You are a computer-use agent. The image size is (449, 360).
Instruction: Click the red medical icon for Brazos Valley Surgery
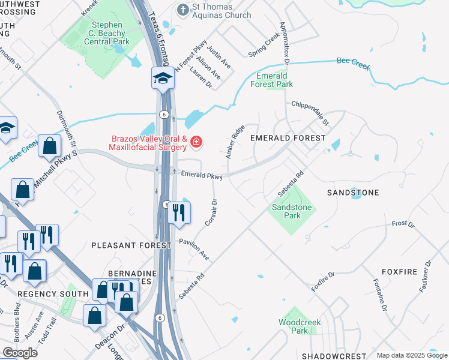click(x=196, y=142)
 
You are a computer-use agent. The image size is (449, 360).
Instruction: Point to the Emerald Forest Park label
click(x=274, y=80)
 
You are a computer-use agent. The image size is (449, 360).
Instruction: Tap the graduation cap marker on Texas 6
click(x=162, y=78)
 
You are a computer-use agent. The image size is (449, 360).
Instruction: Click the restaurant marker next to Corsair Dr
click(x=179, y=212)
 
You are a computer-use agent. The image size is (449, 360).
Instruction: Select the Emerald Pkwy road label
click(x=202, y=175)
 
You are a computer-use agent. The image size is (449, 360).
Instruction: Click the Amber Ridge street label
click(x=235, y=142)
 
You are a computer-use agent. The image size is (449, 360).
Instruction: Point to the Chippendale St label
click(x=310, y=113)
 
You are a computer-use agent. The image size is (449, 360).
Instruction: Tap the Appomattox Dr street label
click(x=285, y=44)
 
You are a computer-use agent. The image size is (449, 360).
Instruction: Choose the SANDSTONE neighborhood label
click(x=352, y=193)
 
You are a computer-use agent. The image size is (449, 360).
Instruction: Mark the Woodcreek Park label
click(x=300, y=326)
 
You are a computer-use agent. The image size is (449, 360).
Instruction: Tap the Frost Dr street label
click(x=403, y=224)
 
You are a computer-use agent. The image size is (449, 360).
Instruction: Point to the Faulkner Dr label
click(x=428, y=280)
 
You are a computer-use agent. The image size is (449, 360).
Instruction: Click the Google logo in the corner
click(x=20, y=353)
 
